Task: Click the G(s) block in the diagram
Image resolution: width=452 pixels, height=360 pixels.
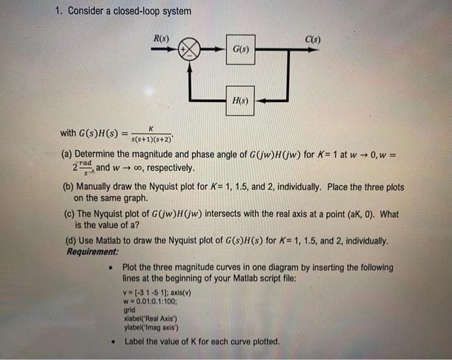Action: point(240,48)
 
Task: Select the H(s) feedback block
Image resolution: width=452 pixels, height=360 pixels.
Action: point(240,101)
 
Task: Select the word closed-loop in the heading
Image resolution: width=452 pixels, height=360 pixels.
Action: point(143,11)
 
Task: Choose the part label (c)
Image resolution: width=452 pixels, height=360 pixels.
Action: point(67,214)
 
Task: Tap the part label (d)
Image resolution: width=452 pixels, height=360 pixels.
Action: point(68,241)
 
